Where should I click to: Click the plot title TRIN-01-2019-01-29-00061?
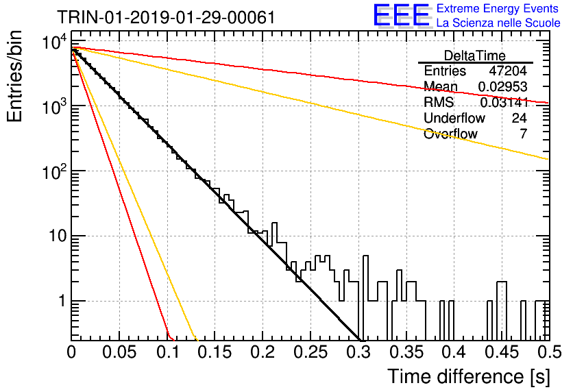coord(166,17)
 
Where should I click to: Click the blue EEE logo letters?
coord(402,15)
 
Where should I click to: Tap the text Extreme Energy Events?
coord(498,8)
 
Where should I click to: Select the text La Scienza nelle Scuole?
coord(498,23)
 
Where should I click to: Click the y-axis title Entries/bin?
coord(14,77)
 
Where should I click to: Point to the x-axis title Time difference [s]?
coord(469,377)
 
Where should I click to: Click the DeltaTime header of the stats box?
coord(475,56)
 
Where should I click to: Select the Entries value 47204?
coord(508,71)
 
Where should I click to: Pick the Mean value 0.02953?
coord(502,86)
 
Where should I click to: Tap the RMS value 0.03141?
coord(504,102)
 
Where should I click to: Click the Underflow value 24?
coord(520,118)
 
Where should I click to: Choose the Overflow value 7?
coord(523,134)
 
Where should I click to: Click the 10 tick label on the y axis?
coord(58,236)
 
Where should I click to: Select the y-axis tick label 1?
coord(62,301)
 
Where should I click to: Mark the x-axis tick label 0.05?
coord(119,352)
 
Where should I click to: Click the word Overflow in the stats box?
coord(450,134)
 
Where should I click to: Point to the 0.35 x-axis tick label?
coord(406,352)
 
